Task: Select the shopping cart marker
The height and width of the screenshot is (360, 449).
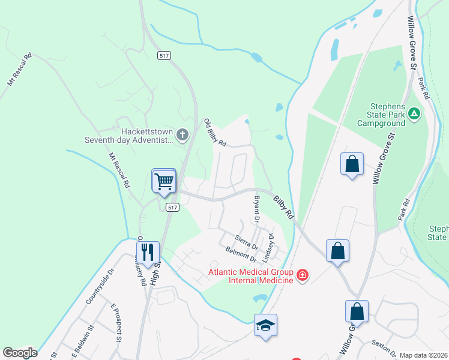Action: coord(164,180)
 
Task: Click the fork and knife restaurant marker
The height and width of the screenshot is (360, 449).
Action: coord(147,252)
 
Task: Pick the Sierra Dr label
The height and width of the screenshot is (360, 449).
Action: coord(246,242)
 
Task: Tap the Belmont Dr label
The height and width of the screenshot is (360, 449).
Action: coord(241,254)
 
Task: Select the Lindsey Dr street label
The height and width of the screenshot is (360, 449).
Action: coord(268,247)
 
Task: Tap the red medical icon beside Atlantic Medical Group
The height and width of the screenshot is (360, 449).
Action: coord(303,276)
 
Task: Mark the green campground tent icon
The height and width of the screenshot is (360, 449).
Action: coord(414,113)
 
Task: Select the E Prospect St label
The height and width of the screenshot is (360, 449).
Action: coord(116,322)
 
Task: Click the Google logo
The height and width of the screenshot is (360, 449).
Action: coord(20,353)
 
